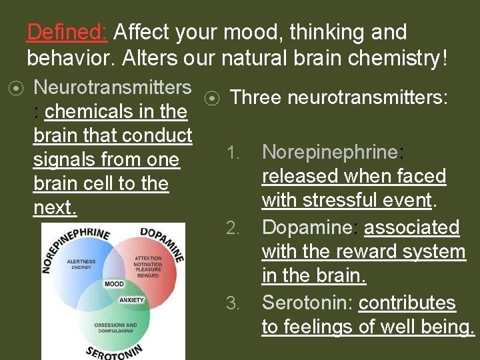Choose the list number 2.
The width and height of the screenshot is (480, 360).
pyautogui.click(x=232, y=229)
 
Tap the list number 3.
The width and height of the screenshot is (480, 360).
pyautogui.click(x=232, y=304)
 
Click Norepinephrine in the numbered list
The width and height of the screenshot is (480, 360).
pyautogui.click(x=329, y=152)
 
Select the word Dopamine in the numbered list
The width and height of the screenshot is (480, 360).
pyautogui.click(x=306, y=228)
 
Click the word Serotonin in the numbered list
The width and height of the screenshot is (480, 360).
pyautogui.click(x=307, y=303)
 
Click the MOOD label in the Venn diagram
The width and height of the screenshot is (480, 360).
pyautogui.click(x=113, y=285)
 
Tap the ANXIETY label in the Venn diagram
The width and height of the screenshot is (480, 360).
pyautogui.click(x=132, y=300)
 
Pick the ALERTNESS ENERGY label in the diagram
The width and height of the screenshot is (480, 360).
pyautogui.click(x=81, y=264)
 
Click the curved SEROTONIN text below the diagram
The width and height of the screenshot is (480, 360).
pyautogui.click(x=113, y=349)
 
